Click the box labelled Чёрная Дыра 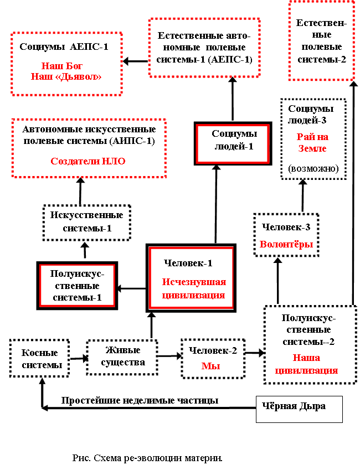pos(299,409)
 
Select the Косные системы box pos(40,358)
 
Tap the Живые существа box pos(122,357)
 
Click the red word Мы pos(210,366)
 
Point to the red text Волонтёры pos(286,244)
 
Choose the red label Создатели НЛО pos(88,161)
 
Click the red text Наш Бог pos(62,66)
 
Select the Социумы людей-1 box pos(233,143)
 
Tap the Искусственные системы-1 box pos(87,223)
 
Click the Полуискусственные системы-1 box pos(77,286)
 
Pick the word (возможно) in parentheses pos(313,168)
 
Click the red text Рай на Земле pos(312,143)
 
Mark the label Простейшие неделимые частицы pos(140,400)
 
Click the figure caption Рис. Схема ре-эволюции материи pos(147,458)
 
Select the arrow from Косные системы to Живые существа pos(79,358)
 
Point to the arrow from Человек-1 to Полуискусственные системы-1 pos(131,288)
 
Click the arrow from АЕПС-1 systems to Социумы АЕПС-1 pos(136,61)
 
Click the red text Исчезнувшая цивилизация pos(194,288)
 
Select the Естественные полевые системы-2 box pos(322,40)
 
